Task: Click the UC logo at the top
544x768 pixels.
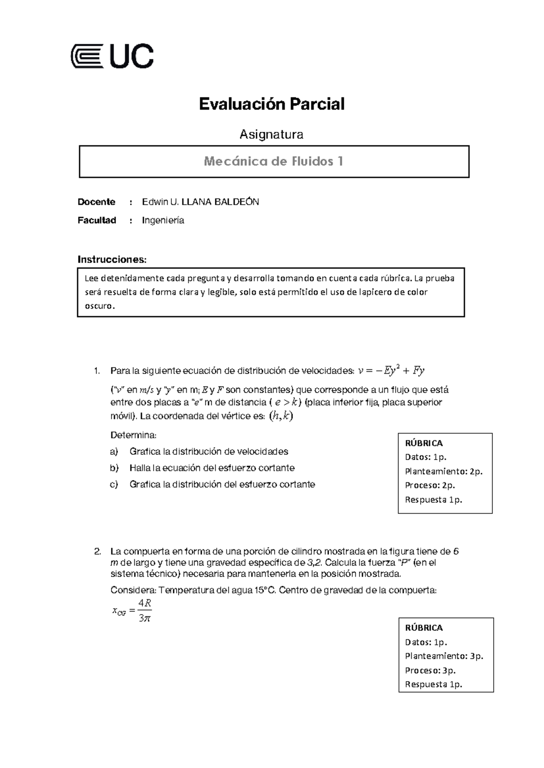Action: pyautogui.click(x=112, y=57)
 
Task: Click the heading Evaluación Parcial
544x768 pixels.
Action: pyautogui.click(x=272, y=104)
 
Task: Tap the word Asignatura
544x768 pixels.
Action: pyautogui.click(x=271, y=134)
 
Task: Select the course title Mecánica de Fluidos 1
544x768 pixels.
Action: pyautogui.click(x=273, y=161)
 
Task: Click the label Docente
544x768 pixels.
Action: pyautogui.click(x=96, y=202)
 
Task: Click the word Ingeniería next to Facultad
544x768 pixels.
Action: pyautogui.click(x=163, y=221)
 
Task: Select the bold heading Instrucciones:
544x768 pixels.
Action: pyautogui.click(x=112, y=259)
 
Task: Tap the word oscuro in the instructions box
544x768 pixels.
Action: pyautogui.click(x=99, y=306)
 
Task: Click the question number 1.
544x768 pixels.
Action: pyautogui.click(x=97, y=371)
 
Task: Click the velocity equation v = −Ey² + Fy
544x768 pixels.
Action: pyautogui.click(x=391, y=371)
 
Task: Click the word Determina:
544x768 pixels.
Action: pyautogui.click(x=133, y=435)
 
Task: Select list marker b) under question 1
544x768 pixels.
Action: pyautogui.click(x=114, y=468)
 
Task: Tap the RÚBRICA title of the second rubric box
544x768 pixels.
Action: pyautogui.click(x=423, y=628)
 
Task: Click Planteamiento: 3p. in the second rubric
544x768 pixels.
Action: pyautogui.click(x=444, y=656)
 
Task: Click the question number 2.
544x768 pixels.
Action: pyautogui.click(x=97, y=552)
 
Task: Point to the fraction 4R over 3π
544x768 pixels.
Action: pyautogui.click(x=145, y=610)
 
